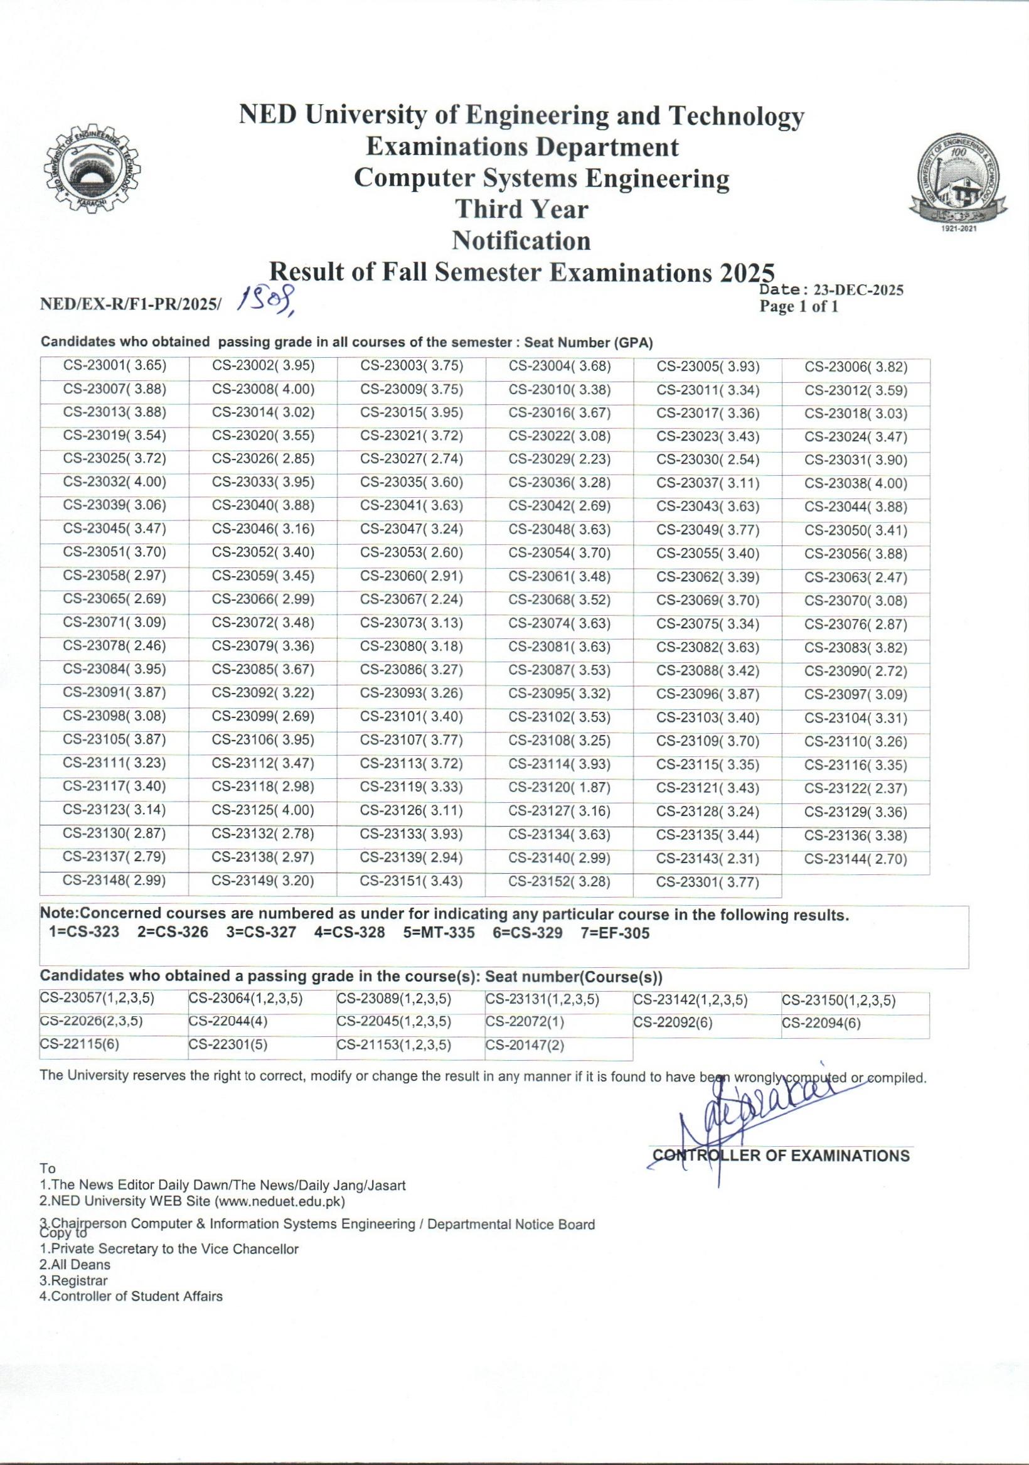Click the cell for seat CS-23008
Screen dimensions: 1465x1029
tap(264, 389)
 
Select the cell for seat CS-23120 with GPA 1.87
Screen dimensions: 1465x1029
tap(560, 787)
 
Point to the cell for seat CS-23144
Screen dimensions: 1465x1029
tap(855, 859)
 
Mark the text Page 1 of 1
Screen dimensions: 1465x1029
tap(799, 307)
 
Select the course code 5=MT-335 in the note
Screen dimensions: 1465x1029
tap(439, 933)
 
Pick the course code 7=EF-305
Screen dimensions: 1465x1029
tap(615, 933)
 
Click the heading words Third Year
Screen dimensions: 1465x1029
tap(521, 209)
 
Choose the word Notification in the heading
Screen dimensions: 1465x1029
tap(521, 240)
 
